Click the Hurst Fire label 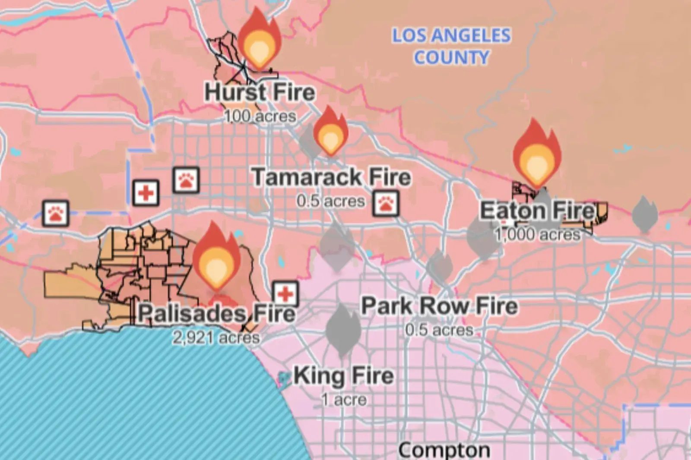click(260, 92)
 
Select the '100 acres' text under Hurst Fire click(260, 116)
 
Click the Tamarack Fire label click(331, 177)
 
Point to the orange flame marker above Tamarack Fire click(330, 131)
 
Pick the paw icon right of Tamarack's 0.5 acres click(386, 203)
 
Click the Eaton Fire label click(537, 211)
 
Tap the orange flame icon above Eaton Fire click(537, 153)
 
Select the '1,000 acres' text click(538, 235)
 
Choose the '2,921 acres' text click(216, 337)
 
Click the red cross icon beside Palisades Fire click(285, 294)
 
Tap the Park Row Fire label click(439, 306)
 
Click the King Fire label click(344, 376)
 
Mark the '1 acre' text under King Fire click(344, 400)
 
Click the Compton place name click(444, 450)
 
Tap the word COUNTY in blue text click(451, 57)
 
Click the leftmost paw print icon click(56, 213)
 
